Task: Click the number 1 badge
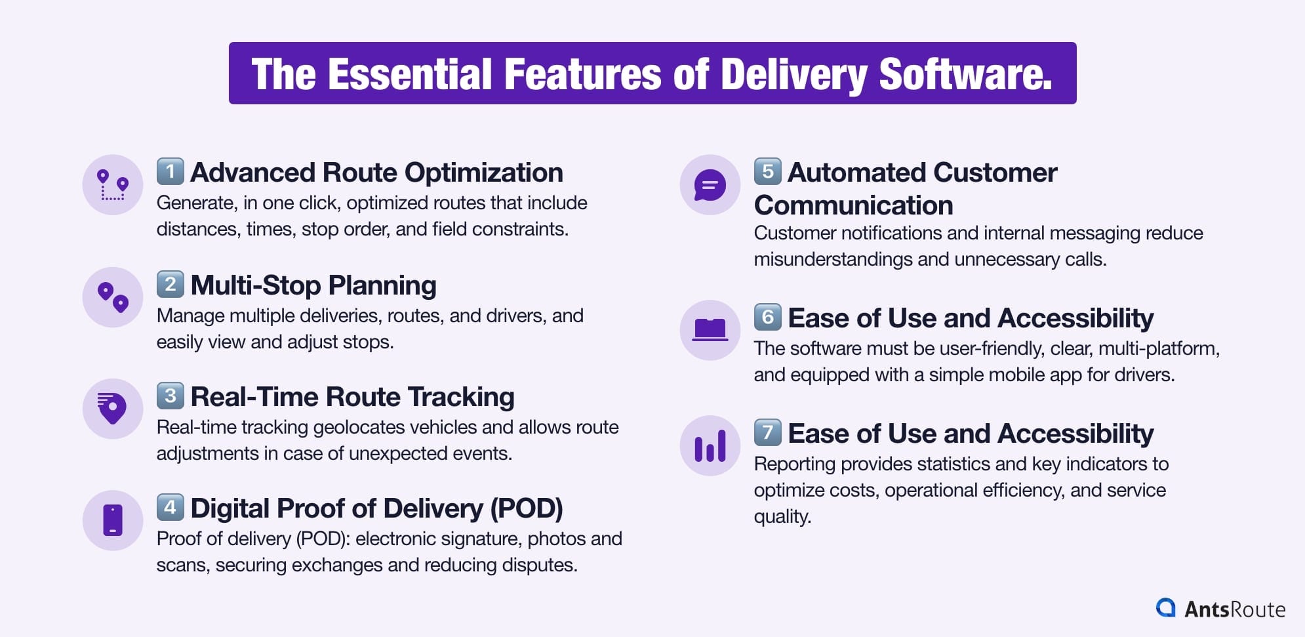point(171,172)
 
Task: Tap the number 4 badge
point(171,507)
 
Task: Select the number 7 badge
point(768,432)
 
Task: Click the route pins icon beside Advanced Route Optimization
point(113,185)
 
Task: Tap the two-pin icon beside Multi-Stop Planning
point(113,297)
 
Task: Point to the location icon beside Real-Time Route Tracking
point(113,409)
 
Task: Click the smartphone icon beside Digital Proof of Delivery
point(113,520)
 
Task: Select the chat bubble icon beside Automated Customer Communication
point(710,185)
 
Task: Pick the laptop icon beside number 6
point(710,330)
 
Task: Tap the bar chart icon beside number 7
point(710,445)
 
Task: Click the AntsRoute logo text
point(1234,609)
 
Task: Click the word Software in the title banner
point(965,74)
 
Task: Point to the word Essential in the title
point(409,74)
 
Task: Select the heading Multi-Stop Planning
point(313,285)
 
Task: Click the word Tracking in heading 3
point(461,397)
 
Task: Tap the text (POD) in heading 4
point(527,508)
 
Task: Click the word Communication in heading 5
point(853,205)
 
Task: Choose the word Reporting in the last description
point(794,464)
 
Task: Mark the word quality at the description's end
point(782,516)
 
